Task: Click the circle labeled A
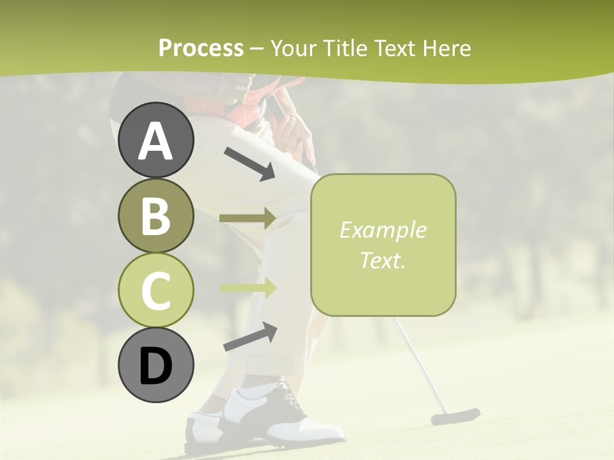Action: (156, 140)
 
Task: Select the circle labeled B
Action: (156, 215)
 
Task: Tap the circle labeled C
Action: (156, 290)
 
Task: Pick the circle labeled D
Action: (156, 365)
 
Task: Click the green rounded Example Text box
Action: (383, 245)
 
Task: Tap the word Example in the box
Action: (382, 230)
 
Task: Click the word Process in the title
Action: (201, 48)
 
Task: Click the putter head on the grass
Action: (455, 417)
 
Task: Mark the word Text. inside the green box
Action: (382, 260)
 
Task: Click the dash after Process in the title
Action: (257, 49)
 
